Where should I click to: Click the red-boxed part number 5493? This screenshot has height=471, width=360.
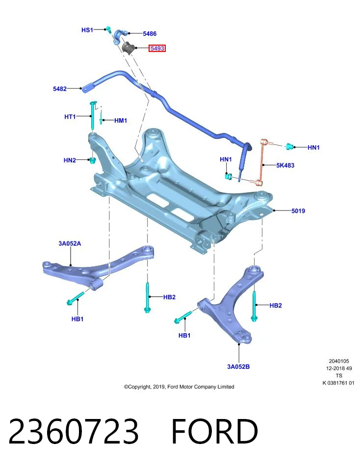pos(157,48)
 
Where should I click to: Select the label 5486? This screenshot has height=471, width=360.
pos(150,34)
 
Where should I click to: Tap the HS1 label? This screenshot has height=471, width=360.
pos(87,30)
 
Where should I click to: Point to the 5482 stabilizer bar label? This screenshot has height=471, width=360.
pos(59,89)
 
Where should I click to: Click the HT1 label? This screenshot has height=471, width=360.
pos(70,117)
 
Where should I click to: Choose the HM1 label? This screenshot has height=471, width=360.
pos(120,121)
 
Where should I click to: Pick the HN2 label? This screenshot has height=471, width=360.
pos(70,160)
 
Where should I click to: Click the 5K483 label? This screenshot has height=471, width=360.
pos(285,165)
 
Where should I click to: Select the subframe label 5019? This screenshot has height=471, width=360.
pos(298,211)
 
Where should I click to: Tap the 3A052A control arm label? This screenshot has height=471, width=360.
pos(70,243)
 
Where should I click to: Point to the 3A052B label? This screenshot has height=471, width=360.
pos(238,366)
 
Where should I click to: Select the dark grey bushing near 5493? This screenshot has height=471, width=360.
pos(128,48)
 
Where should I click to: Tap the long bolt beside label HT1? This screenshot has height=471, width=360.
pos(92,117)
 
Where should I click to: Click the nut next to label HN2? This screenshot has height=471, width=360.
pos(93,160)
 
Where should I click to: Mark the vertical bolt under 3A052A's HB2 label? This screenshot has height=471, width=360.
pos(148,297)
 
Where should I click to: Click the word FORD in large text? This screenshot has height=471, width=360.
pos(215,431)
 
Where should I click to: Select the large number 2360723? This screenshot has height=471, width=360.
pos(74,431)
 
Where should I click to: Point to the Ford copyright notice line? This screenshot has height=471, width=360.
pos(179,387)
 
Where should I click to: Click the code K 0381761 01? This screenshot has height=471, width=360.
pos(338,383)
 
